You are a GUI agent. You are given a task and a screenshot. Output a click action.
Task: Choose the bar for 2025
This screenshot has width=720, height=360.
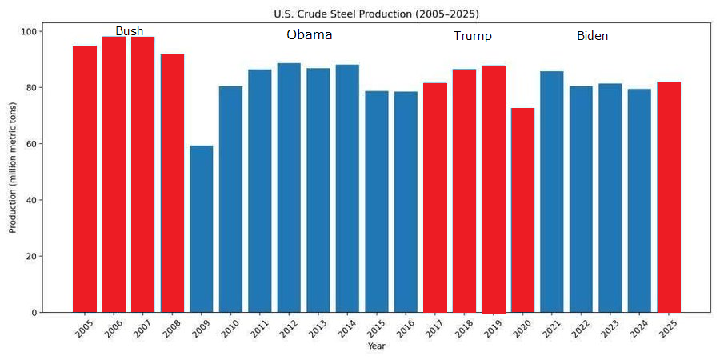669,197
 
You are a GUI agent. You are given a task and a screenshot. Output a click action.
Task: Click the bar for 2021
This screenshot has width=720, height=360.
552,192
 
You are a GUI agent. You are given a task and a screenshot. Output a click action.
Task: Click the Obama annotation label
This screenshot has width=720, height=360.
309,35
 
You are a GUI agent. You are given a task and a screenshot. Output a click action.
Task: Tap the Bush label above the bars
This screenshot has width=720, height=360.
130,31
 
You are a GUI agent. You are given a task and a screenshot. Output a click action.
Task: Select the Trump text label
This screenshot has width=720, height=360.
472,36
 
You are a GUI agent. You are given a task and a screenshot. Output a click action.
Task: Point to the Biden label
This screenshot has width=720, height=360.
592,36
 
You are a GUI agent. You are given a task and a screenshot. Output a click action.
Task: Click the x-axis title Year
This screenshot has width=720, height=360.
376,346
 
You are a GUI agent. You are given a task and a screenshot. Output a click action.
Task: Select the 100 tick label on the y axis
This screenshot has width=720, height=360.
29,31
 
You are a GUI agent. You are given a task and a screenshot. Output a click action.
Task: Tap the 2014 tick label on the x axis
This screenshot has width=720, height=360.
346,328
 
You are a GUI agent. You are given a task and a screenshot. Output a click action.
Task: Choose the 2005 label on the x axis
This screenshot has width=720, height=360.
83,328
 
